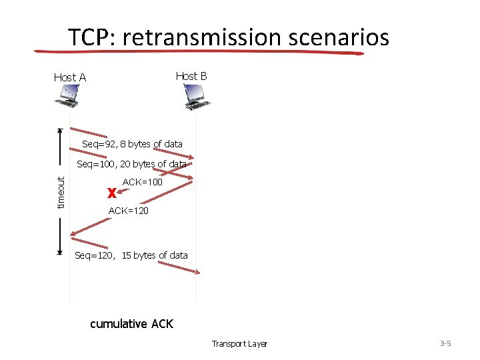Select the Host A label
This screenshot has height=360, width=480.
click(x=70, y=77)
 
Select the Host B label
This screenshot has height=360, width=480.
click(x=191, y=76)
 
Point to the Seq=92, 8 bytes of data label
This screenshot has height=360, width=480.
click(x=132, y=144)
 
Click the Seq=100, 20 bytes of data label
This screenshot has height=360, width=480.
click(x=131, y=164)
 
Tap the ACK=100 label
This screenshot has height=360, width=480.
click(x=142, y=181)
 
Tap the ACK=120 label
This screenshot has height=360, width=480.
click(x=128, y=211)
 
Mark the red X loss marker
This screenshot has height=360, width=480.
click(x=111, y=194)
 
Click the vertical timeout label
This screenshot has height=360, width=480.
click(x=61, y=192)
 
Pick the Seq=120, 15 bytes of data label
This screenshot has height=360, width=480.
click(x=131, y=255)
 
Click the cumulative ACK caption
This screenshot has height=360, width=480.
click(x=131, y=324)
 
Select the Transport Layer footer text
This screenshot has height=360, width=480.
click(x=239, y=344)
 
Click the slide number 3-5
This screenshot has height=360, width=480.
click(x=445, y=343)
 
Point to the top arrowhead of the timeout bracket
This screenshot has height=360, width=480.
click(x=60, y=131)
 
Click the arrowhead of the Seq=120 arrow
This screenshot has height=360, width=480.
click(x=197, y=271)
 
